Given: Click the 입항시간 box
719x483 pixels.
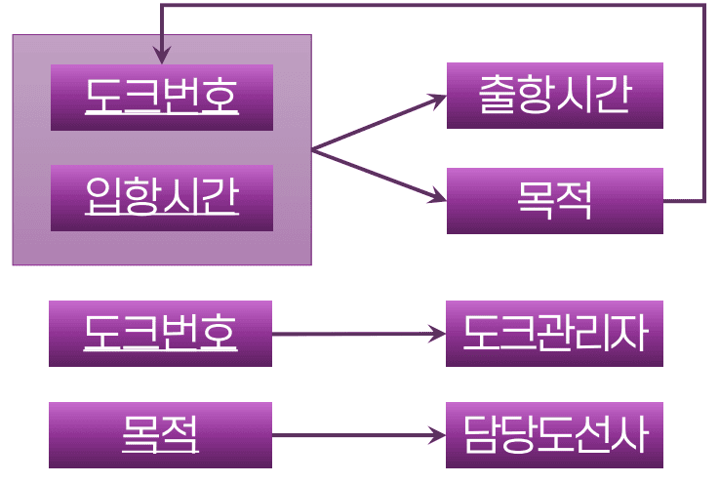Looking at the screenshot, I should point(162,198).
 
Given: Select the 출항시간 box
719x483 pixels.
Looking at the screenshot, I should point(554,96).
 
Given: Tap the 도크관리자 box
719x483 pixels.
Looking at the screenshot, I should point(554,334).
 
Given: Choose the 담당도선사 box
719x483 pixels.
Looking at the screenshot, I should point(554,435).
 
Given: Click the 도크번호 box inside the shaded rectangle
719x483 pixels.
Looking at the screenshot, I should point(162,97).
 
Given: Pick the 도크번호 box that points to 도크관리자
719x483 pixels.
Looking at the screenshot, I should point(160,334).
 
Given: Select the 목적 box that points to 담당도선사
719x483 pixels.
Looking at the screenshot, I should point(160,435).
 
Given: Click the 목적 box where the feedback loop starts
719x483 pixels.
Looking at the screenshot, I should point(554,201).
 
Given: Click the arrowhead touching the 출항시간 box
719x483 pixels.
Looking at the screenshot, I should point(438,99).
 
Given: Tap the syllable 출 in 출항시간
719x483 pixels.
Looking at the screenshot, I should point(497,96).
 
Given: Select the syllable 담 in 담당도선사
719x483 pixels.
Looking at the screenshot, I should point(481,435).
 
